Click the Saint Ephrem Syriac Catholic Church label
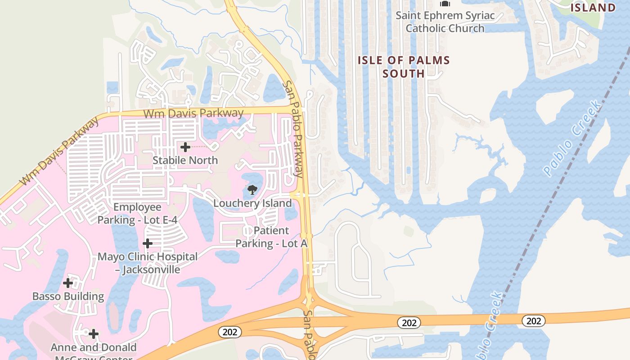(x=445, y=22)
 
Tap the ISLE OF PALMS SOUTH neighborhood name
(x=404, y=67)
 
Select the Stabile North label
(x=185, y=160)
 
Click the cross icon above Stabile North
(x=185, y=147)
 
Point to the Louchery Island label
(x=252, y=203)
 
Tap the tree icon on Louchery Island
(x=252, y=189)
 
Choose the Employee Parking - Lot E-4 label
(x=137, y=213)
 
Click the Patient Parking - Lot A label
(x=271, y=237)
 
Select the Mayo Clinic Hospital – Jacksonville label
(x=148, y=263)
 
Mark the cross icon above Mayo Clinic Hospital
(x=148, y=243)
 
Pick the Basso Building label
(x=68, y=296)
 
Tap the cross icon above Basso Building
(x=68, y=283)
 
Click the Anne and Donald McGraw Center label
(x=94, y=351)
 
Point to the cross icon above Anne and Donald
(x=94, y=334)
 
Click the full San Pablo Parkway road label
(x=293, y=129)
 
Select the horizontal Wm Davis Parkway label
(x=193, y=113)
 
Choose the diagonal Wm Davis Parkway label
(x=60, y=151)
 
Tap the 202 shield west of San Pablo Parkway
(x=230, y=332)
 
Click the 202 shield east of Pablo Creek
(x=534, y=321)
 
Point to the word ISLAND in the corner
(x=593, y=7)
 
